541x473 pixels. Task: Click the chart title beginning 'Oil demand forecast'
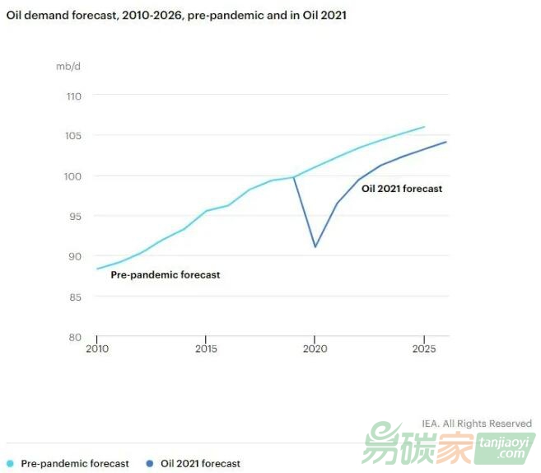pos(176,16)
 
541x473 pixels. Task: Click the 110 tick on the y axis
pos(73,96)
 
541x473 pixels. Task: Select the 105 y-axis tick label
pos(73,136)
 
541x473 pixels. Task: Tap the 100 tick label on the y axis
pos(73,176)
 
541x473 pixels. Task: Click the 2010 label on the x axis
pos(97,349)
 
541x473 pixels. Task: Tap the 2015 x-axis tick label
pos(206,349)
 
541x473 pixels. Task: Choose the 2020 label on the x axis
pos(315,349)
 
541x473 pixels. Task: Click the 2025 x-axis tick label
pos(424,349)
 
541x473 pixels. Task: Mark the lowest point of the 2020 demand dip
pos(315,246)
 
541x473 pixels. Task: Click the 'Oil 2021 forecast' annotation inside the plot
pos(402,189)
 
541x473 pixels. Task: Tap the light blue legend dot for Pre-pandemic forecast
pos(10,463)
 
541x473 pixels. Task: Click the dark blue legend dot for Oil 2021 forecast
pos(150,463)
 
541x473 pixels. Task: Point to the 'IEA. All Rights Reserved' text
pos(477,424)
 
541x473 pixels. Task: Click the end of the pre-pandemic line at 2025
pos(424,127)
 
